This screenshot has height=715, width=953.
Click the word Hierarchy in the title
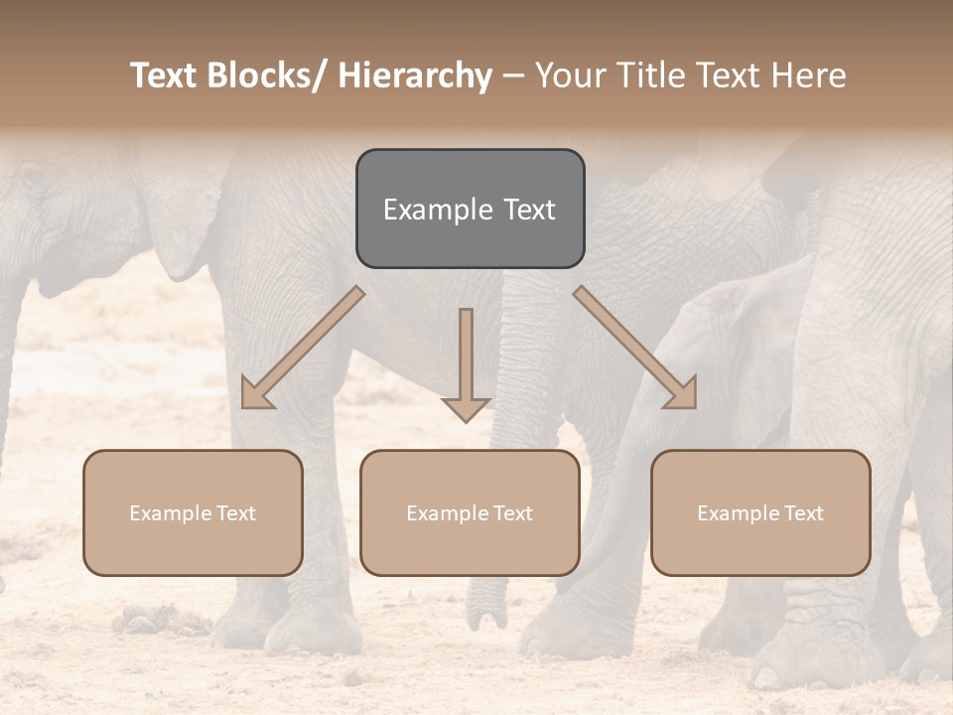click(x=415, y=75)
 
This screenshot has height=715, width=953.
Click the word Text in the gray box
click(x=528, y=211)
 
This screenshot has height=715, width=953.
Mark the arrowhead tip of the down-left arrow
click(x=244, y=405)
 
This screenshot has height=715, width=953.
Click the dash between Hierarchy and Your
click(x=513, y=76)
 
